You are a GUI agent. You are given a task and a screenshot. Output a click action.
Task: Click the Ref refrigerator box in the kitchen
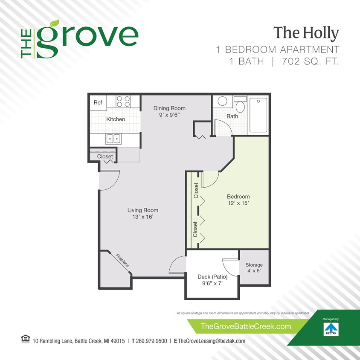[98, 102]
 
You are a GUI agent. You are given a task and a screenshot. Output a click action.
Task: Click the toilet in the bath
[241, 104]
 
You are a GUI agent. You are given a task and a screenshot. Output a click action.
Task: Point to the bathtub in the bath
[258, 115]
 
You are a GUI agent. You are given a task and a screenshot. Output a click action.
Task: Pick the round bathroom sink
[223, 102]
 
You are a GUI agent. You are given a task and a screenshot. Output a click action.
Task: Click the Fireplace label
[123, 260]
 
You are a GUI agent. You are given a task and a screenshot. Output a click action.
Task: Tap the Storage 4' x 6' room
[254, 268]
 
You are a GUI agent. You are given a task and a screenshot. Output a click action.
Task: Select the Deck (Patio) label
[212, 276]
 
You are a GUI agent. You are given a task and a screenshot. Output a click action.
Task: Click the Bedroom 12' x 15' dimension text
[238, 203]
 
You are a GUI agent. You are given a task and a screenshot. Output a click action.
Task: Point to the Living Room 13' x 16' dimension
[142, 217]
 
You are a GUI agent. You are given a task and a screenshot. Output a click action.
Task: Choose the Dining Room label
[169, 108]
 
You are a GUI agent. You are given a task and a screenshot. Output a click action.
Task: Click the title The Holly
[306, 33]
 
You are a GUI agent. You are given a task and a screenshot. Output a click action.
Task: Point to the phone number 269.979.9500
[151, 341]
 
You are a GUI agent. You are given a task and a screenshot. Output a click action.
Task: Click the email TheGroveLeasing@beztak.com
[211, 341]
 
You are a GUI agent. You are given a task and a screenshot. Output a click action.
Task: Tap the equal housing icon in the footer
[23, 340]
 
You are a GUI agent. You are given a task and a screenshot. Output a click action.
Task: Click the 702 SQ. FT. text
[310, 61]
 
